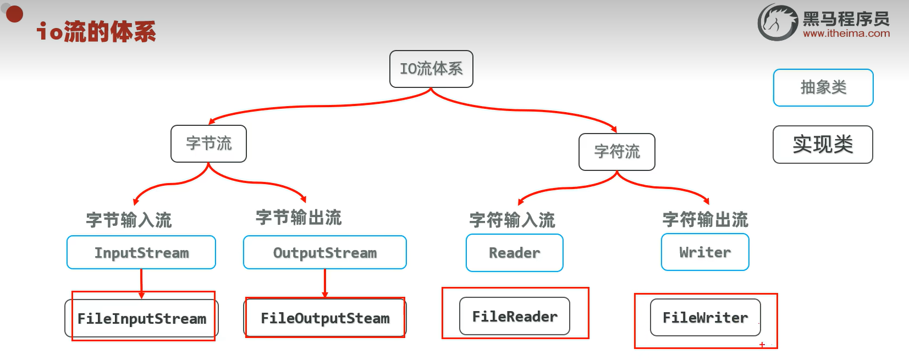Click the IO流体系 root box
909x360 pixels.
431,69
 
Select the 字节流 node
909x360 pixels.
208,143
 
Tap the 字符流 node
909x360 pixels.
616,152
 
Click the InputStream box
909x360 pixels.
141,253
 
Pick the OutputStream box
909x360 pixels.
324,253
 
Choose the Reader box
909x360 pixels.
514,253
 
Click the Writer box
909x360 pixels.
705,252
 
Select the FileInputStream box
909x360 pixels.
141,319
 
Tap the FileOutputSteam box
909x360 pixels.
324,318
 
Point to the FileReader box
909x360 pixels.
514,317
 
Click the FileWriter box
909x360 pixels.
705,318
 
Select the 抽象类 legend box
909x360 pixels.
823,87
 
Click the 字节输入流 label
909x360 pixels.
129,220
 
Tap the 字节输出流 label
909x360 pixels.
299,218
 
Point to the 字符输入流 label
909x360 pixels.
512,220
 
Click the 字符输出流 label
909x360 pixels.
705,220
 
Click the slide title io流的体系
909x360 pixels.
96,32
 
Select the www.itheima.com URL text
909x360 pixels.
846,34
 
